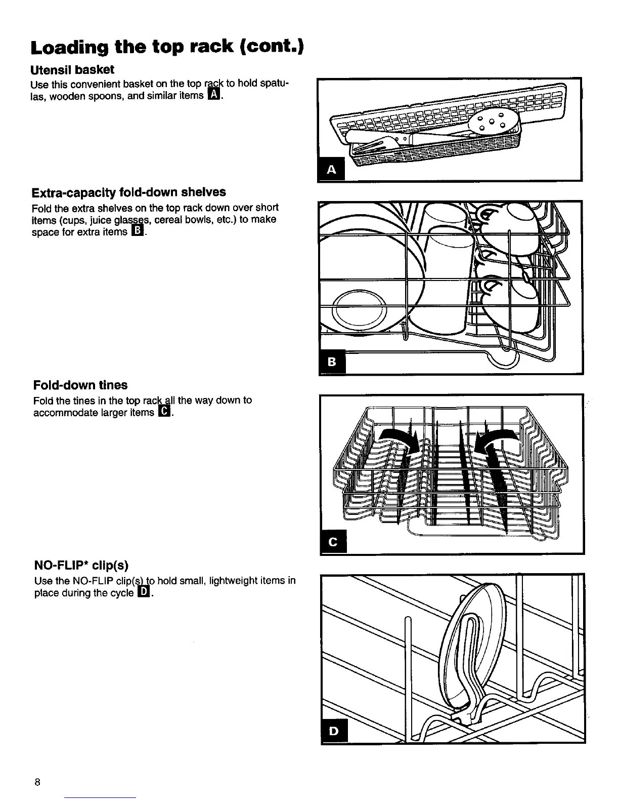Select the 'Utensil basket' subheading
coord(73,69)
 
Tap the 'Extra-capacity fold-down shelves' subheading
coord(128,192)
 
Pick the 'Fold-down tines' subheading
coord(80,385)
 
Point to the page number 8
coord(37,782)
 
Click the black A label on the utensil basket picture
coord(331,170)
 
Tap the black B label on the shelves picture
coord(332,362)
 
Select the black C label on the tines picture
coord(333,542)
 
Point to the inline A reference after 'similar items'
coord(214,95)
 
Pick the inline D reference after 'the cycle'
coord(144,592)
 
